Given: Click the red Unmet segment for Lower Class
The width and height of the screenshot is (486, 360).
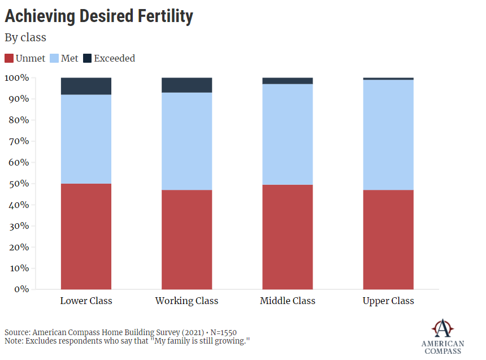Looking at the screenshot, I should [x=86, y=236].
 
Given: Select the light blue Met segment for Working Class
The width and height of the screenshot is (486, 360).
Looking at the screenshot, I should [x=186, y=141].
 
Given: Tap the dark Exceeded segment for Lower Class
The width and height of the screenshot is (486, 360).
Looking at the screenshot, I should [x=86, y=86].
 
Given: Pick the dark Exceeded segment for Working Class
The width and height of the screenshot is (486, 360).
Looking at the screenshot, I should [x=186, y=85].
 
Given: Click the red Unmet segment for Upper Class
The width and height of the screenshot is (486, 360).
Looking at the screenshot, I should [x=388, y=240].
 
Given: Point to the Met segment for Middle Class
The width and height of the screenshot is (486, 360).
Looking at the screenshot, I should [x=287, y=135].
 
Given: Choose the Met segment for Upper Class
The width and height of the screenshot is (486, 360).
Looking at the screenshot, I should [x=388, y=135].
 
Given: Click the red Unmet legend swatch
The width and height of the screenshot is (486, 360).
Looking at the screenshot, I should [x=9, y=58].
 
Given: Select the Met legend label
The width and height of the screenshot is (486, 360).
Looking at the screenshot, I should [x=70, y=58].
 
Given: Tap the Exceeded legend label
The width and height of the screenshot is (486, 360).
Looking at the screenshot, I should [x=114, y=58].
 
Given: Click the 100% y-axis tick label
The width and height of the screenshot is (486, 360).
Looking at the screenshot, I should [x=16, y=77].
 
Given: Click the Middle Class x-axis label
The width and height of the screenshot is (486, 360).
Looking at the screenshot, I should [x=287, y=301].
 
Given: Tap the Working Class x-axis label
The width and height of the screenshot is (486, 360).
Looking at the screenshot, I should [x=186, y=301].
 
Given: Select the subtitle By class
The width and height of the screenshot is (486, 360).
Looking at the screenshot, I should [x=25, y=38].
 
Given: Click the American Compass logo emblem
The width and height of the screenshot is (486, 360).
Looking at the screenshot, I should [x=442, y=328].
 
